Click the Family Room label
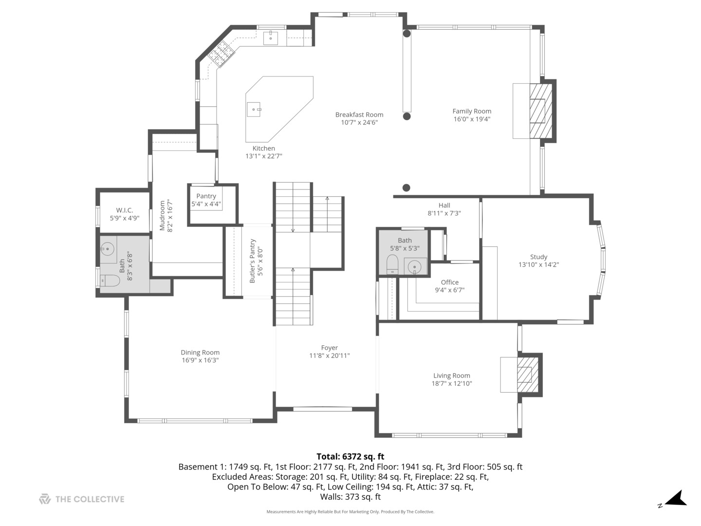(x=471, y=111)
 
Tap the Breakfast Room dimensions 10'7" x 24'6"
(x=359, y=122)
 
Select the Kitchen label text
(x=263, y=148)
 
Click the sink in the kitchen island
(x=254, y=110)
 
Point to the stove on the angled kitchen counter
(x=221, y=54)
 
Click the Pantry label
(x=206, y=196)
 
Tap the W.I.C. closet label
(x=124, y=210)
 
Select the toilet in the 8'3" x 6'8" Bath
(x=110, y=281)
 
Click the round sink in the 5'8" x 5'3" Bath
(x=415, y=266)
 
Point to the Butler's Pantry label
(x=252, y=261)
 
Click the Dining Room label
(x=200, y=352)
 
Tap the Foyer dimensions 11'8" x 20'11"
(x=329, y=356)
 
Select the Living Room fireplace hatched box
(x=528, y=375)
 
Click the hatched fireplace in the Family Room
(x=541, y=111)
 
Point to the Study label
(x=538, y=257)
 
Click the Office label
(x=449, y=282)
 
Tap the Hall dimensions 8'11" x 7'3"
(x=444, y=213)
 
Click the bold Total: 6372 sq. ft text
(x=350, y=456)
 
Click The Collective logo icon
(x=45, y=499)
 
